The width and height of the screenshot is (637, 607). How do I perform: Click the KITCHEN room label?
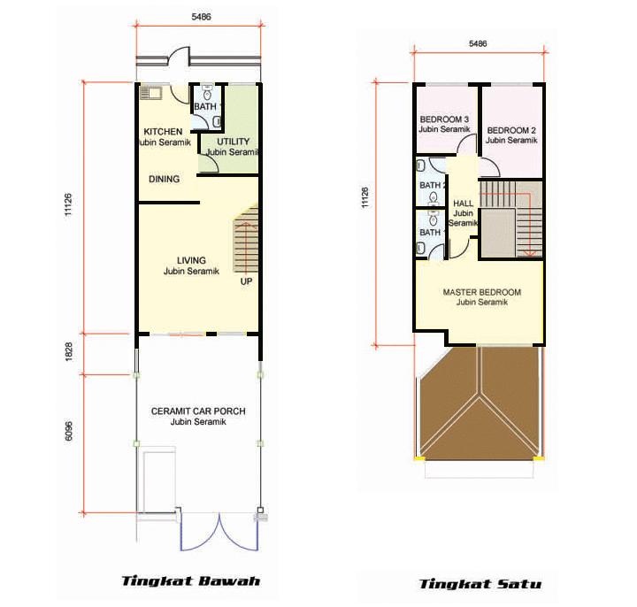click(x=163, y=132)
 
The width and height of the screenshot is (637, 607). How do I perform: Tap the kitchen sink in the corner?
click(x=150, y=94)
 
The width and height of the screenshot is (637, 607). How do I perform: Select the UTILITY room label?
click(x=233, y=142)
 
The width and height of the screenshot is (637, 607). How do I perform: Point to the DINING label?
click(x=165, y=179)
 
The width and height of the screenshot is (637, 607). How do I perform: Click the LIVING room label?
click(x=191, y=260)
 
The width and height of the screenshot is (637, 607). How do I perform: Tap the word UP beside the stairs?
click(x=246, y=281)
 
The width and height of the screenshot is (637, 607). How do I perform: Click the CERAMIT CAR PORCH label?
click(x=198, y=411)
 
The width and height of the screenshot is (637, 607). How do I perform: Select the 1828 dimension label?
click(x=69, y=351)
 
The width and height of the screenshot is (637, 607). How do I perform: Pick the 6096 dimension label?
click(x=69, y=431)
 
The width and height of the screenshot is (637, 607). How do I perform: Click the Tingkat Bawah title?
click(x=191, y=581)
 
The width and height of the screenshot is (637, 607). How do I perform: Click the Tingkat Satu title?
click(x=480, y=584)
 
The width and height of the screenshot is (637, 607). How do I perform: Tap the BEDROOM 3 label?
click(x=444, y=119)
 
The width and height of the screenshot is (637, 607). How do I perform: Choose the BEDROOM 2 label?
click(x=511, y=130)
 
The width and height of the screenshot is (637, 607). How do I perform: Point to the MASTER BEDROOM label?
click(x=482, y=292)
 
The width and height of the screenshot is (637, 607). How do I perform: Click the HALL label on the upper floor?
click(x=463, y=204)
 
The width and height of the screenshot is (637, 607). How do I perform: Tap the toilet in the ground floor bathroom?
click(x=207, y=93)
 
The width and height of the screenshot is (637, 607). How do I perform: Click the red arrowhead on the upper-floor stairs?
click(x=529, y=254)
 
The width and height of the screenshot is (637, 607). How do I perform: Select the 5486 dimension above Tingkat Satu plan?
click(x=478, y=43)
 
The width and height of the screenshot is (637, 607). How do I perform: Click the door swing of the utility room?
click(x=211, y=164)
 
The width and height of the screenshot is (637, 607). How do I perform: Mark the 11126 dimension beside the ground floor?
click(x=69, y=204)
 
